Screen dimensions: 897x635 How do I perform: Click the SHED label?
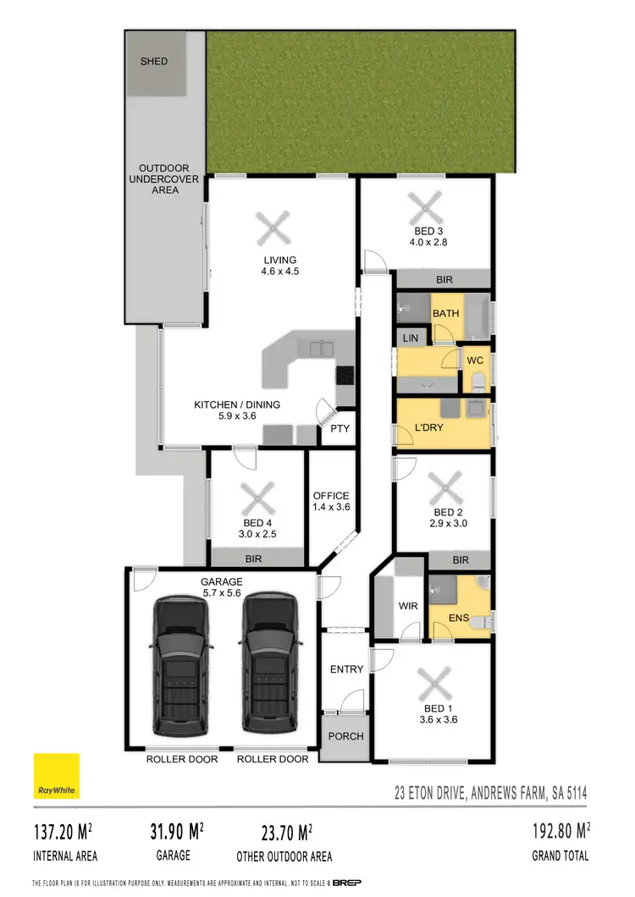pyautogui.click(x=153, y=61)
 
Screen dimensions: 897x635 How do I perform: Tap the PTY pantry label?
pyautogui.click(x=340, y=428)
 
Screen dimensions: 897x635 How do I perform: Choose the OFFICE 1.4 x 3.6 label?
pyautogui.click(x=330, y=501)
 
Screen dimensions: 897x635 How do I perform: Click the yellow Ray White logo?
pyautogui.click(x=57, y=775)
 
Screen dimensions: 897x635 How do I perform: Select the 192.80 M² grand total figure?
pyautogui.click(x=554, y=831)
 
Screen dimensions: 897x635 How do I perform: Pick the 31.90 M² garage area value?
pyautogui.click(x=171, y=831)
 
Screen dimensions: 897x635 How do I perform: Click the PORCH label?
pyautogui.click(x=345, y=736)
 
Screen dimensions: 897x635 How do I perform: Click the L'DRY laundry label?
pyautogui.click(x=429, y=427)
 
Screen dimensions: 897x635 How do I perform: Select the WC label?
pyautogui.click(x=475, y=360)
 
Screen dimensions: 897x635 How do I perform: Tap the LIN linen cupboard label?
pyautogui.click(x=411, y=338)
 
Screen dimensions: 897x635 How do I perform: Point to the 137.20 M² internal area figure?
pyautogui.click(x=65, y=831)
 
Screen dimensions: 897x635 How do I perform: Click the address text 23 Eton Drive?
pyautogui.click(x=491, y=794)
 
